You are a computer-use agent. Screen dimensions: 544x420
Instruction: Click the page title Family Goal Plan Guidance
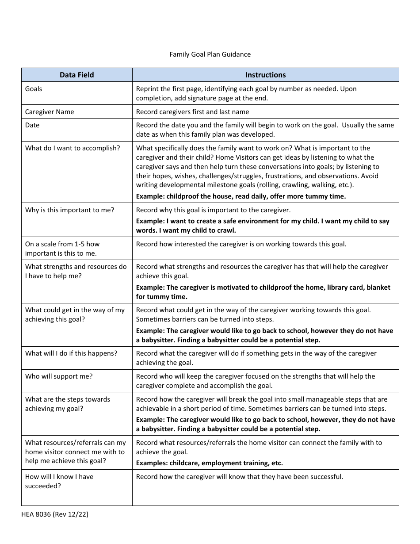pos(210,54)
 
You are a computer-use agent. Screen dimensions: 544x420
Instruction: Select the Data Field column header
pos(77,75)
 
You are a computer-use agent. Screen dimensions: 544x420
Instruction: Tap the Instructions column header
pos(265,75)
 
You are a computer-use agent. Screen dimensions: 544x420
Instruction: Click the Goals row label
pos(34,89)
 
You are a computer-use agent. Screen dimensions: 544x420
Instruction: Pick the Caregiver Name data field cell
pos(50,112)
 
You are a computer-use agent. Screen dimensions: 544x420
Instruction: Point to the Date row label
pos(32,125)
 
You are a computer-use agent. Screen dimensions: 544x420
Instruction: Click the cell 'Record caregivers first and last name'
pos(192,112)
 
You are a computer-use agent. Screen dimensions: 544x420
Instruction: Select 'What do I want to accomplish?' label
pos(73,148)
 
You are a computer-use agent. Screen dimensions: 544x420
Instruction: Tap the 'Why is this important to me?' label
pos(69,210)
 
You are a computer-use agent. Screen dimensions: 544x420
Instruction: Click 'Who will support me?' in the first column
pos(59,376)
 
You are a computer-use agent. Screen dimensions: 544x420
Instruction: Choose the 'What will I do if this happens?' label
pos(71,353)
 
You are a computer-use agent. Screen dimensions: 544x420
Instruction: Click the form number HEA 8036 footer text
pos(55,514)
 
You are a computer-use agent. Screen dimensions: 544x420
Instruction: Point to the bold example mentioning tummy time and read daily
pos(241,196)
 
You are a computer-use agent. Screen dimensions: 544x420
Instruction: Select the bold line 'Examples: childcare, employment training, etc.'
pos(209,463)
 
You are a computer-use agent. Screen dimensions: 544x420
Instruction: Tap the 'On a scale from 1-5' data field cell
pos(62,249)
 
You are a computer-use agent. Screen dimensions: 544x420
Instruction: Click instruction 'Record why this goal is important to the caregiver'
pos(213,210)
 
